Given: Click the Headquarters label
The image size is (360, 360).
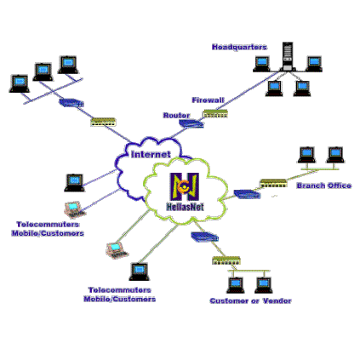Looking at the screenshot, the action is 239,47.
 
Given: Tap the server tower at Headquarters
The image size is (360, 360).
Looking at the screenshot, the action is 288,56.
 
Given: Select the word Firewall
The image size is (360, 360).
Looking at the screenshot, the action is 208,100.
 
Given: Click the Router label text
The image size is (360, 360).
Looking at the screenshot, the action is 176,116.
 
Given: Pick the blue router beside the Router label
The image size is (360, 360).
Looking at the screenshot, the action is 191,123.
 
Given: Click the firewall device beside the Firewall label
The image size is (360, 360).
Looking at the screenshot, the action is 215,113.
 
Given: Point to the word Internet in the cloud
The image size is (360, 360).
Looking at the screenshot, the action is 151,154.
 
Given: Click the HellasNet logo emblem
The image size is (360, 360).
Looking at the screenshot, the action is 185,186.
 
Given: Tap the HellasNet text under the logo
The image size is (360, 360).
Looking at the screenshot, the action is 185,207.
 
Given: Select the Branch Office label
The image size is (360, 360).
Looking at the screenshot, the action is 324,186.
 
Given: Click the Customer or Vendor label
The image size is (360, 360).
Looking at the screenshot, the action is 250,300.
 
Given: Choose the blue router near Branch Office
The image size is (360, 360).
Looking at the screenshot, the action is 247,194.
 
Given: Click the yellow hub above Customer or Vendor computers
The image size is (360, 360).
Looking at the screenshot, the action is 226,260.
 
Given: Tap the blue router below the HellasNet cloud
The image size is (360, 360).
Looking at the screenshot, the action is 204,237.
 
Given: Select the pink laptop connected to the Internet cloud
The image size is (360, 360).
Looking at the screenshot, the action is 74,209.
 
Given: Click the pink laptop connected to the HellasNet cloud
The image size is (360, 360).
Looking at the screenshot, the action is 117,250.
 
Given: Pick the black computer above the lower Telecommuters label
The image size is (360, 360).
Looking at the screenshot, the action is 140,271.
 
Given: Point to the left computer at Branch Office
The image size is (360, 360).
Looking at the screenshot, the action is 306,155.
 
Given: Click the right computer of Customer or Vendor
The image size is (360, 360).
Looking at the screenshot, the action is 264,285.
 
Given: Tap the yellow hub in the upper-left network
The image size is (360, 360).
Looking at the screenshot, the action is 104,122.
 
